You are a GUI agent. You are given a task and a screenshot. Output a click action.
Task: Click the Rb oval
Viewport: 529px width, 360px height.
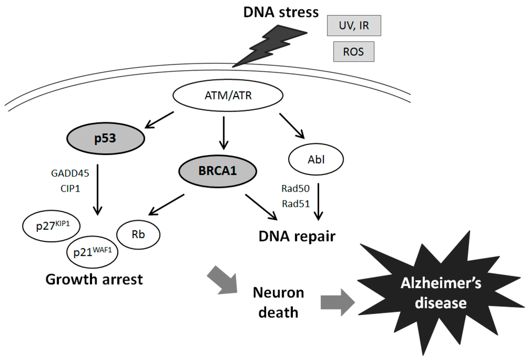[x=138, y=233]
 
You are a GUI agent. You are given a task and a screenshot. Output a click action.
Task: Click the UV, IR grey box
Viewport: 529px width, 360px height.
[x=354, y=25]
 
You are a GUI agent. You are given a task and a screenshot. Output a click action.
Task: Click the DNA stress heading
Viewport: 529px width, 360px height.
[x=281, y=12]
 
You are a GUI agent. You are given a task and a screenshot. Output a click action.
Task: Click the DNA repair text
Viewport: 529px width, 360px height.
[x=298, y=237]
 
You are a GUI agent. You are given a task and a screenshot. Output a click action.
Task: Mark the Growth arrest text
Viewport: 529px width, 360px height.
[x=94, y=279]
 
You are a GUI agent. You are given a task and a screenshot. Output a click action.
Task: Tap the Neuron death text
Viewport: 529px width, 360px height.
[x=278, y=302]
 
